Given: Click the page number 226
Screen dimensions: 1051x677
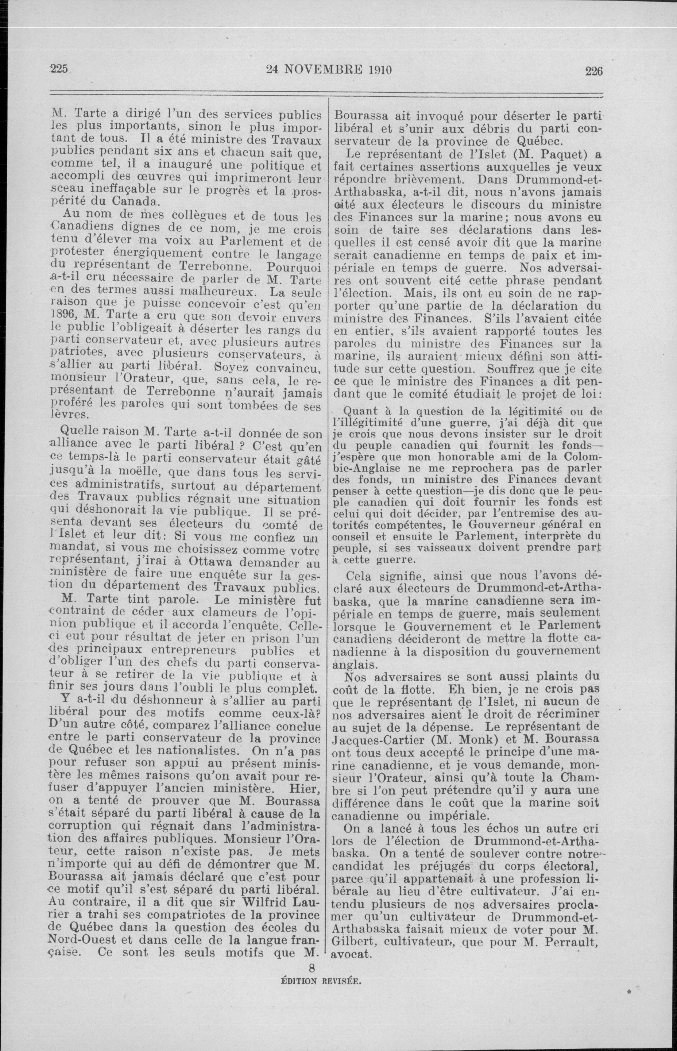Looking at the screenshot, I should tap(593, 71).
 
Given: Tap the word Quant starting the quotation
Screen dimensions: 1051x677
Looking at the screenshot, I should tap(360, 411).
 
